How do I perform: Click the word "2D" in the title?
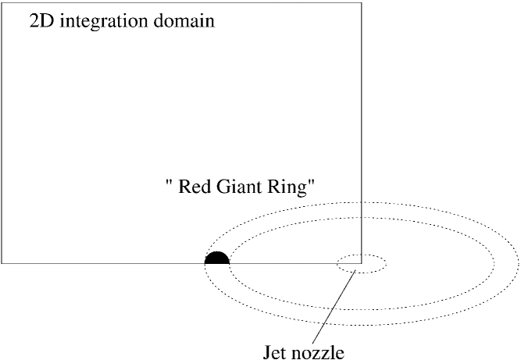coord(41,20)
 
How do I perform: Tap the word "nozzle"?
coord(319,352)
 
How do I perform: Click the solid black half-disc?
coord(217,258)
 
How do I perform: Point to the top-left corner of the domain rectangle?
coord(2,2)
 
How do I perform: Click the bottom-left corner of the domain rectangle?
coord(2,263)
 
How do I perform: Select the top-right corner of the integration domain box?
coord(362,2)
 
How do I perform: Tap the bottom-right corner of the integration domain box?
coord(362,263)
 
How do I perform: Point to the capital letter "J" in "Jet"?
coord(268,352)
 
